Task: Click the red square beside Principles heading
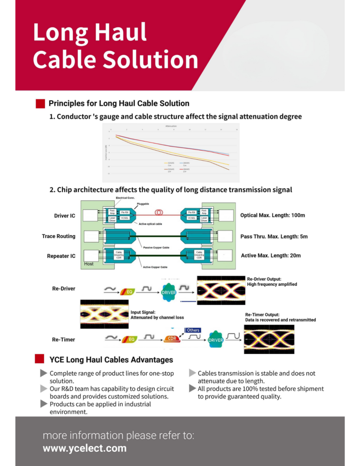[x=40, y=104]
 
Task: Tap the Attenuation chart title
[x=171, y=126]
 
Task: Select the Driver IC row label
[x=65, y=215]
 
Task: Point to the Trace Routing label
[x=59, y=236]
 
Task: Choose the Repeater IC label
[x=61, y=256]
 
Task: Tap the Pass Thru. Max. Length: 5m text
[x=274, y=236]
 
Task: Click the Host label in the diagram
[x=89, y=263]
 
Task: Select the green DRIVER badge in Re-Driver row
[x=169, y=292]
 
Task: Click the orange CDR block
[x=171, y=339]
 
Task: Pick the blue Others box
[x=193, y=330]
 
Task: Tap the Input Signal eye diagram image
[x=104, y=314]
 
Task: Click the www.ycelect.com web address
[x=85, y=448]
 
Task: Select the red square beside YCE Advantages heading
[x=40, y=359]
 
